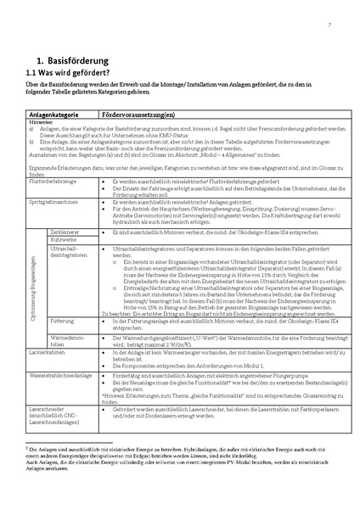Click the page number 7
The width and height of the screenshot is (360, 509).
(329, 26)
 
